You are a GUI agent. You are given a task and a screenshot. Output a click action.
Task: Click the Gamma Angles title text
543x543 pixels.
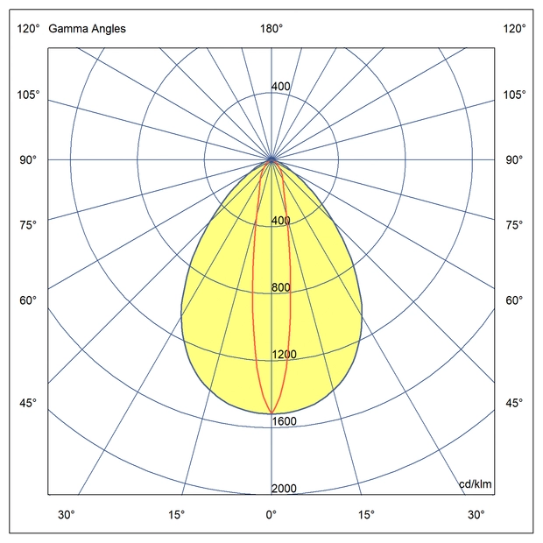[87, 29]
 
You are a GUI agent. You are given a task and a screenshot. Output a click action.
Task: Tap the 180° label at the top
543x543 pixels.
[271, 29]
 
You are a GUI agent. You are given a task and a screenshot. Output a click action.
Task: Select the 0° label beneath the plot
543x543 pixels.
[271, 514]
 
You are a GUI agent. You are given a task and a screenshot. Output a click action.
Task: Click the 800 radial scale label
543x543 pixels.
[280, 288]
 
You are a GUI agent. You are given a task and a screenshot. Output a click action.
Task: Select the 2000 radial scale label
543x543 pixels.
[284, 489]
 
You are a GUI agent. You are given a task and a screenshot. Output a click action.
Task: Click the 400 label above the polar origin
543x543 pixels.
[280, 87]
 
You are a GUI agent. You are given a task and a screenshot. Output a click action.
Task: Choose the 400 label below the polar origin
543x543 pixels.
[280, 221]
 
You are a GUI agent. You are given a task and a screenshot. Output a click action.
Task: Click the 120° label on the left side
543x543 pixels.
[28, 29]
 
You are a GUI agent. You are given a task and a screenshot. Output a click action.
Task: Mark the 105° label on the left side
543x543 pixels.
[28, 95]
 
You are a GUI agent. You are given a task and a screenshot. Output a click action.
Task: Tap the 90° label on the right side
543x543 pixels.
[514, 160]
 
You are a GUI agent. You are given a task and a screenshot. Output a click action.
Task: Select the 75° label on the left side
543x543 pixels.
[28, 225]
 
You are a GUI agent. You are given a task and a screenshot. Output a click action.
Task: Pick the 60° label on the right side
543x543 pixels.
[514, 301]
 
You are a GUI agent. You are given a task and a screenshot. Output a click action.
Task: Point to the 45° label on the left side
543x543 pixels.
[28, 403]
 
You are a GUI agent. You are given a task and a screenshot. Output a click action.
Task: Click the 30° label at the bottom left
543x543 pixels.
[67, 514]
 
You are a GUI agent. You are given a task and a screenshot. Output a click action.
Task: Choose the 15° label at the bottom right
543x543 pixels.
[366, 514]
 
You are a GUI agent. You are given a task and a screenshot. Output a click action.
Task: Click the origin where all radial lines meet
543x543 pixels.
[271, 160]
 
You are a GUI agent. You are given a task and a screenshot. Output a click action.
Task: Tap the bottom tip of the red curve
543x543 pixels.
[271, 412]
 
